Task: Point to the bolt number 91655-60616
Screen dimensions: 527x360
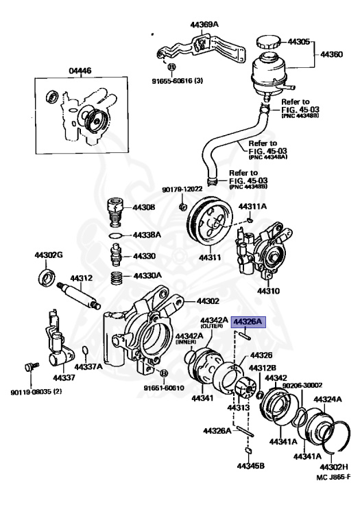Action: point(177,80)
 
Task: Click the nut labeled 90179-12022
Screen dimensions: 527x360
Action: point(182,207)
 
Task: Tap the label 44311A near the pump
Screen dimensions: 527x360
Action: point(252,206)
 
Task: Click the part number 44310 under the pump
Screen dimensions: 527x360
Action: point(268,290)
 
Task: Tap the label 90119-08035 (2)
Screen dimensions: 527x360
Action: point(36,393)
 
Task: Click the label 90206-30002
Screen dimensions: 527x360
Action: point(302,386)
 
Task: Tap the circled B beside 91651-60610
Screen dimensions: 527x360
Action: point(163,373)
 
